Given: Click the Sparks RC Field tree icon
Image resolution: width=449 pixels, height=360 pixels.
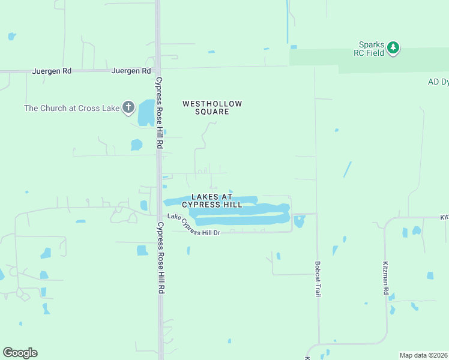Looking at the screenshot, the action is tap(393, 47).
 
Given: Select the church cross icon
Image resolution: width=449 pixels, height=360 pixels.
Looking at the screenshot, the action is tap(128, 107).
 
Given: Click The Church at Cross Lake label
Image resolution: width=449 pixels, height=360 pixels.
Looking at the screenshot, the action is tap(71, 109).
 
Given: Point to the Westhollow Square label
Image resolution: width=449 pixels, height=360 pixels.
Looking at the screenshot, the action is tap(212, 107).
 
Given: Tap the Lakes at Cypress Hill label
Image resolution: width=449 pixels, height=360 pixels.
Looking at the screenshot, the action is tap(217, 200).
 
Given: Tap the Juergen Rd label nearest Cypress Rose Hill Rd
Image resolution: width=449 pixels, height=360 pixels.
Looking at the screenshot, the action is tap(131, 71).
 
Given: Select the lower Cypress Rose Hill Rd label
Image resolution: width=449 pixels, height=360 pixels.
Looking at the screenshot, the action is tap(160, 257).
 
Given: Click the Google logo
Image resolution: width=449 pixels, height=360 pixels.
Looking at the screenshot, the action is tap(20, 353).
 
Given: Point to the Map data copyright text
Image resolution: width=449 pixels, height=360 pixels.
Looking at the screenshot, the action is tap(424, 355).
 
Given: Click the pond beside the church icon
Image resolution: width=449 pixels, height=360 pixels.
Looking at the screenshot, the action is tap(146, 113).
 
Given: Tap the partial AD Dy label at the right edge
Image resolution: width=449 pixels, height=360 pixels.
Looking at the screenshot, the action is tap(438, 82).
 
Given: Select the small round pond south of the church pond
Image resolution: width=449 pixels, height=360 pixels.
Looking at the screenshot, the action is tap(136, 145).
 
